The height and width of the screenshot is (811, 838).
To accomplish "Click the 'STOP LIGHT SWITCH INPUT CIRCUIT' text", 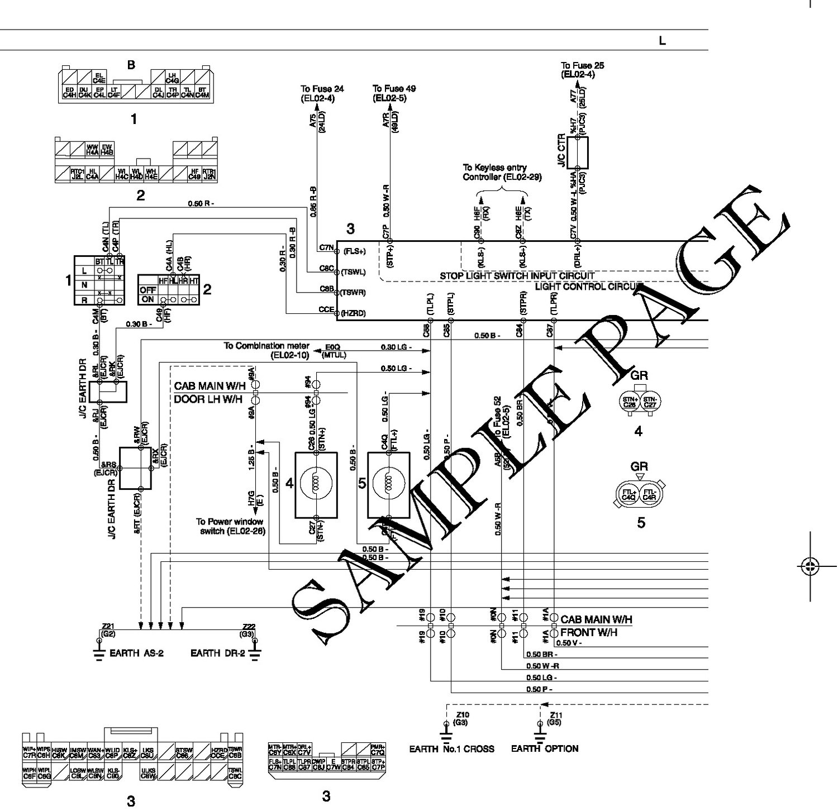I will [x=517, y=276].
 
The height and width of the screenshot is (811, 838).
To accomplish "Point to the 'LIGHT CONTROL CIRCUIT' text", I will [x=586, y=287].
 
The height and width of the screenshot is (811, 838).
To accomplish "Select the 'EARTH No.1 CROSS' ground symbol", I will [x=445, y=728].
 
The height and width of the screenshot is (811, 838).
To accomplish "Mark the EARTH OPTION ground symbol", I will [x=540, y=728].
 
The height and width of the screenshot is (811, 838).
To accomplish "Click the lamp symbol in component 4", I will [x=316, y=483].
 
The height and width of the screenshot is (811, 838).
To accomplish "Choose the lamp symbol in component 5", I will [x=388, y=483].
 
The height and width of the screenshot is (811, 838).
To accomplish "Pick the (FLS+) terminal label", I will [x=354, y=251].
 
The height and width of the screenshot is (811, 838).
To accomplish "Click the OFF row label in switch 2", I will [x=147, y=290].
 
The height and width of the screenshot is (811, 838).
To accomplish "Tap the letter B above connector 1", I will [x=131, y=65].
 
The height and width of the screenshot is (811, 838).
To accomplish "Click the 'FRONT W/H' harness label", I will [x=588, y=632].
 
